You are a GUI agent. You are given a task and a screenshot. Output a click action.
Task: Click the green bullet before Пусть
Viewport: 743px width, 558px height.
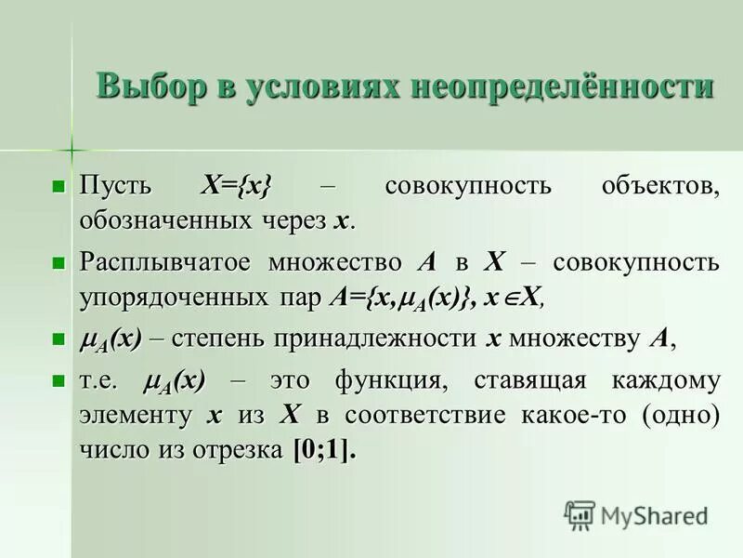click(x=60, y=185)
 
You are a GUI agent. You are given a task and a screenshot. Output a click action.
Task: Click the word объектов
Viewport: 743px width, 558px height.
click(x=659, y=184)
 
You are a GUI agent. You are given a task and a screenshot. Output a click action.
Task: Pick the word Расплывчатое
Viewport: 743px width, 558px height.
click(x=165, y=262)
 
